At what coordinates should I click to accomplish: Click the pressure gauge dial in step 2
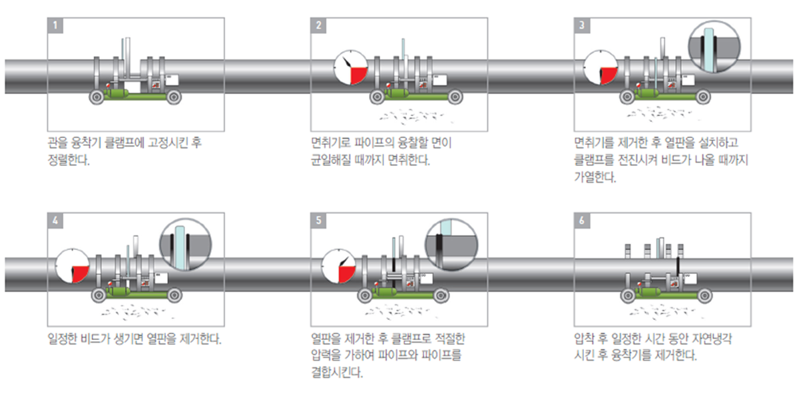pos(351,69)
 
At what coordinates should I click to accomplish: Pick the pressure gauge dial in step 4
pos(73,265)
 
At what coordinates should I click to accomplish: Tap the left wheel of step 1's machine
pos(97,97)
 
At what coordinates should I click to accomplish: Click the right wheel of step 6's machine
pos(703,295)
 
